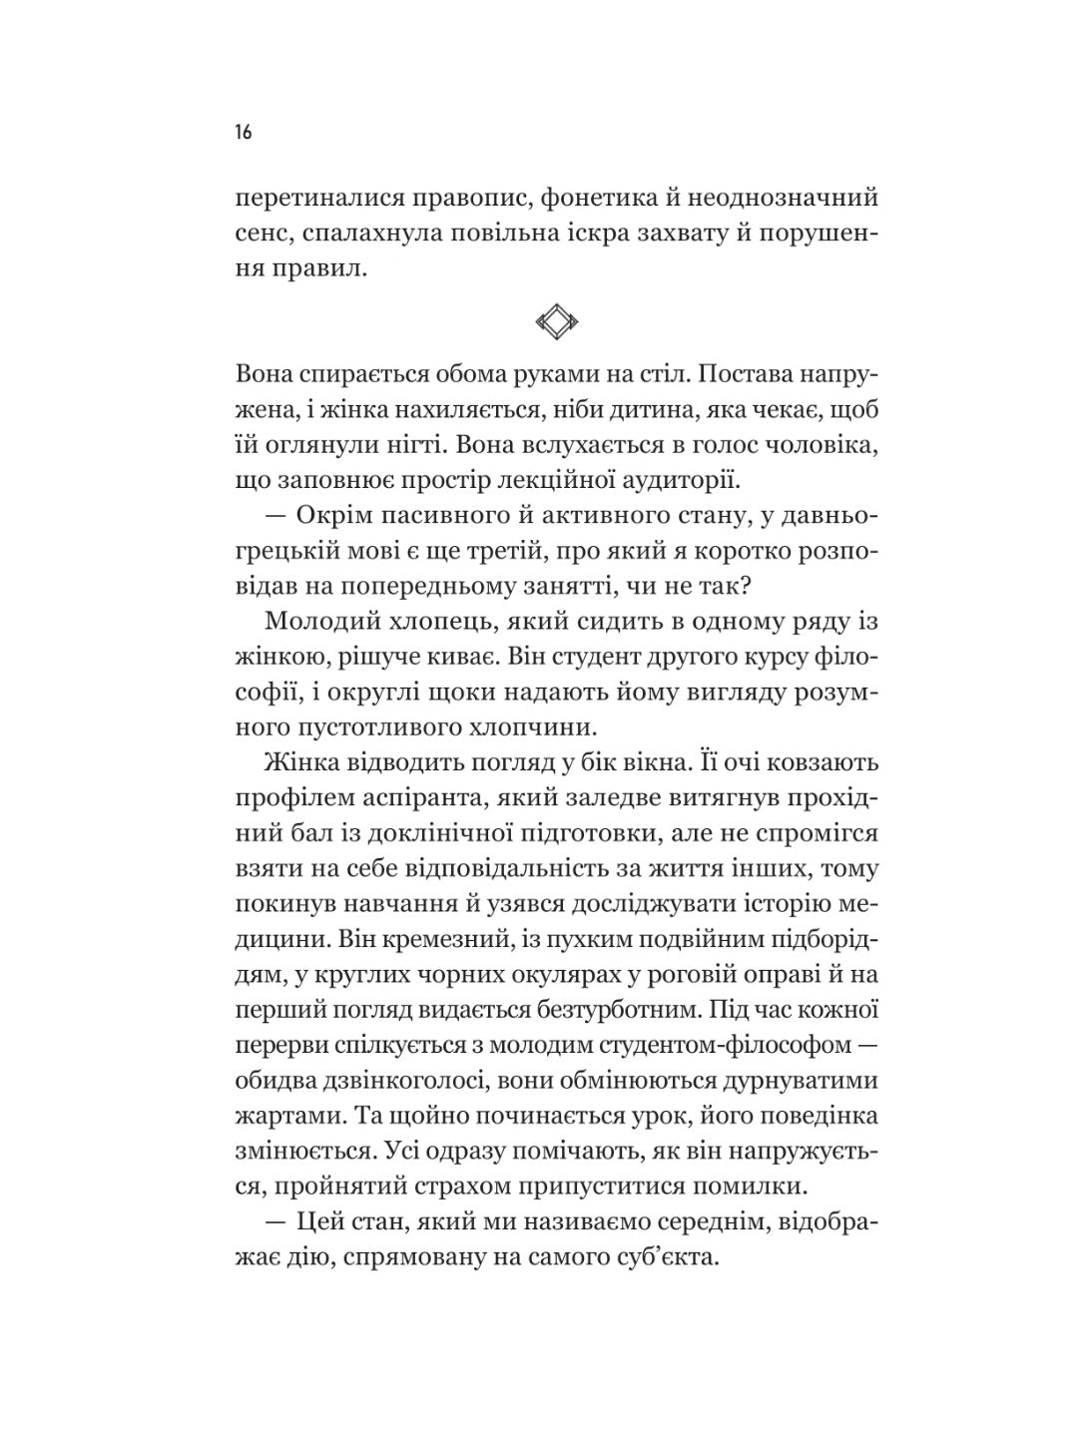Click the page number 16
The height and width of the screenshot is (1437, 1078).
click(244, 133)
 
